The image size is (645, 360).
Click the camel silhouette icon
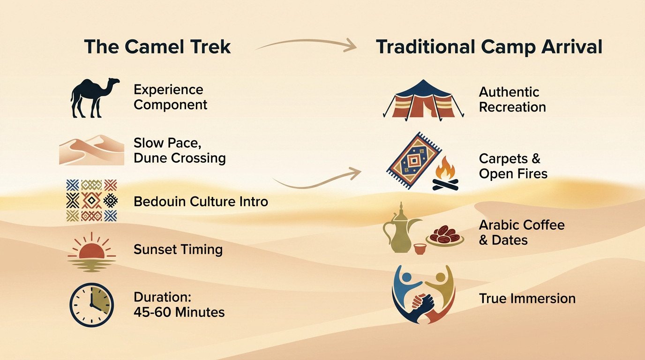point(94,97)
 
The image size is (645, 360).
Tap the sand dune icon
point(91,150)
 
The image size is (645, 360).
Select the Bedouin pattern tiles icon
point(91,201)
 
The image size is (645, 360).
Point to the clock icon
point(91,304)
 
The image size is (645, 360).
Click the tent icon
point(423,99)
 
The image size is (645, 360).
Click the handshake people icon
point(423,295)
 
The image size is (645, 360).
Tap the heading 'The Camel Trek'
point(157,47)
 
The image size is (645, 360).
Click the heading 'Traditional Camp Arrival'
point(489,47)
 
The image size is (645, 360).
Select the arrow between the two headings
point(305,45)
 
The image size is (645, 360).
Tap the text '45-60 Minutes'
point(179,312)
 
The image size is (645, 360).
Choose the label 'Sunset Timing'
point(178,249)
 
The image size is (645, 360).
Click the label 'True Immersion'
point(527,299)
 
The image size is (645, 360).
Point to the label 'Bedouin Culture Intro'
point(201,202)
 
